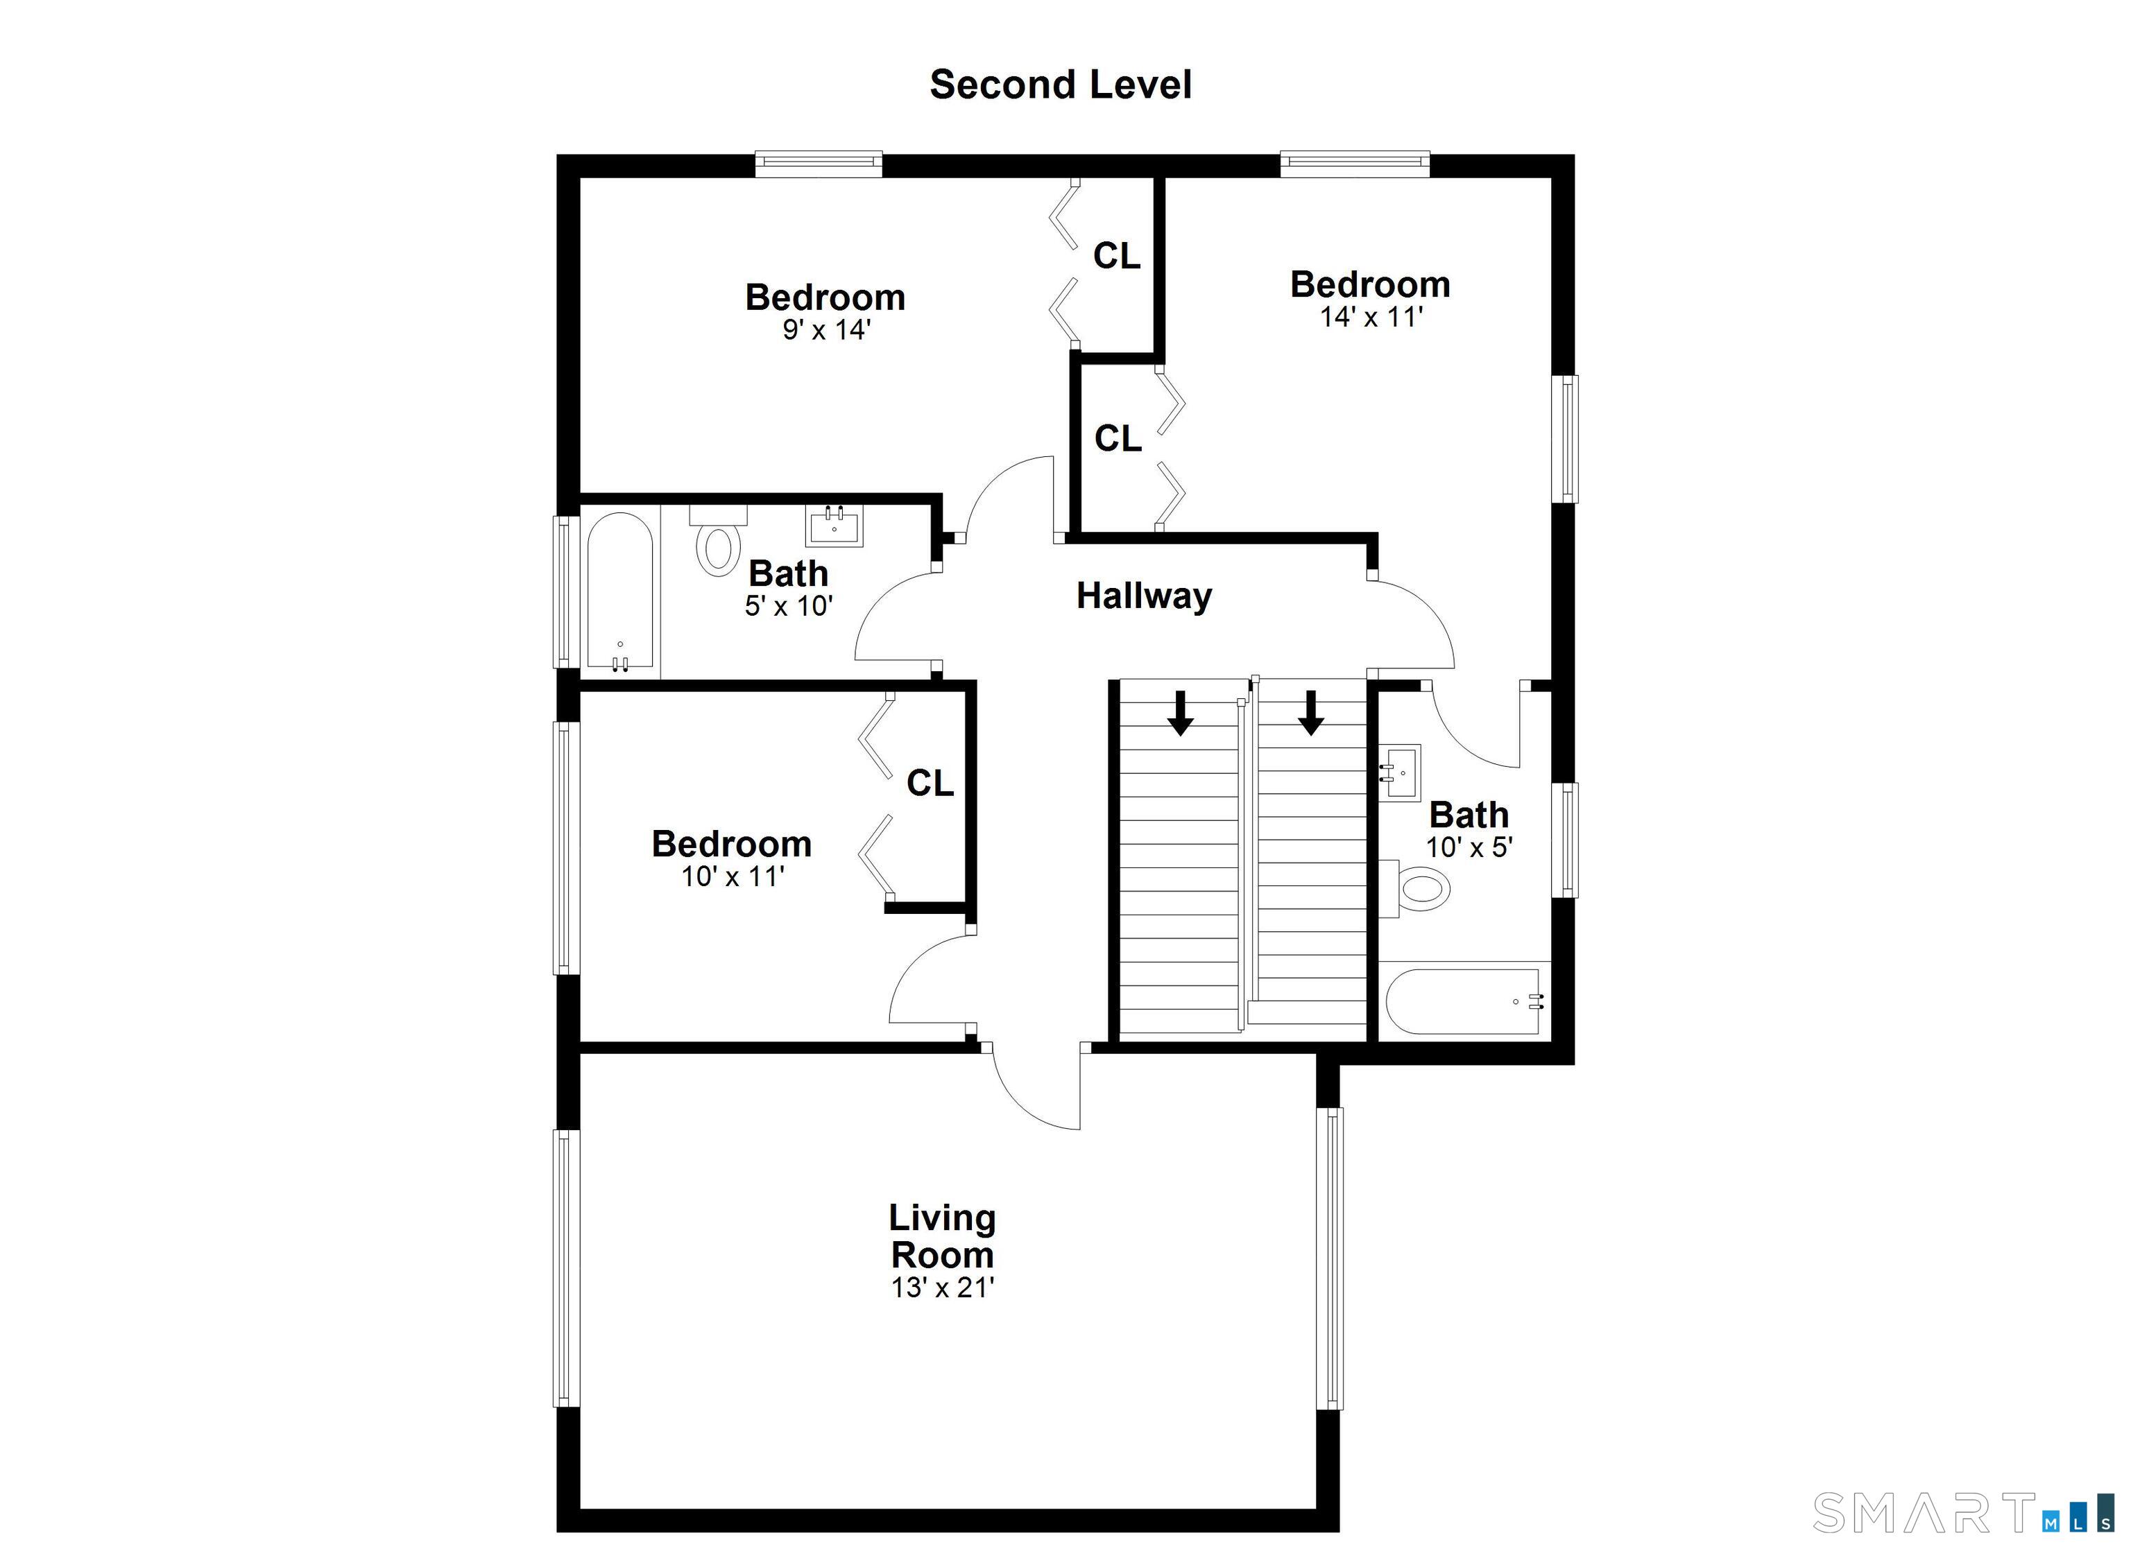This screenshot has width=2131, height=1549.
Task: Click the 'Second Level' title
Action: pos(1061,85)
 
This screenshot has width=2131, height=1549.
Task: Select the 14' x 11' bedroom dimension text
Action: pos(1371,317)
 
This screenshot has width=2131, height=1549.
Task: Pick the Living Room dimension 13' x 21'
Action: pos(943,1287)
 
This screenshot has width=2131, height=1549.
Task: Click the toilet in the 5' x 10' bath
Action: pos(719,540)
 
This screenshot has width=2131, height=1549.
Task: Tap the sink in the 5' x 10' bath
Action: pos(833,526)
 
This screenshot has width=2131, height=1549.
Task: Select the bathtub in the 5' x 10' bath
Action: pos(619,591)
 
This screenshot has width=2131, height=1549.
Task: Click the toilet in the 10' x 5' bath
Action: pos(1415,888)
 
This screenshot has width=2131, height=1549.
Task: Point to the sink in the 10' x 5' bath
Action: pos(1399,772)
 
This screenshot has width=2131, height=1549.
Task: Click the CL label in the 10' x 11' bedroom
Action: pos(930,783)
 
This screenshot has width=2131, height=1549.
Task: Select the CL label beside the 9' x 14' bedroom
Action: pos(1117,255)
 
